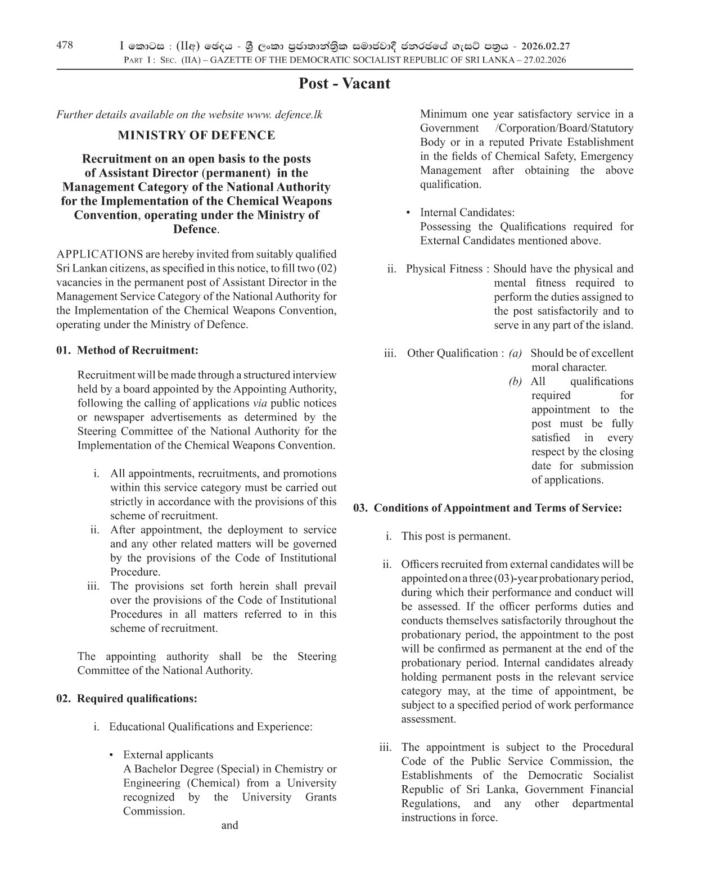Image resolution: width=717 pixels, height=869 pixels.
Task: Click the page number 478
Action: [x=65, y=46]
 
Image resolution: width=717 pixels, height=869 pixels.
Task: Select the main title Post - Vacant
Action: [x=344, y=84]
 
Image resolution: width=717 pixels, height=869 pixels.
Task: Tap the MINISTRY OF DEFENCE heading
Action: [x=196, y=135]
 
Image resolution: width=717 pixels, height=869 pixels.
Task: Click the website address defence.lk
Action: [x=299, y=115]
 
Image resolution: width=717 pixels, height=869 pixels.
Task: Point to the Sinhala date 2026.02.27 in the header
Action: [x=545, y=47]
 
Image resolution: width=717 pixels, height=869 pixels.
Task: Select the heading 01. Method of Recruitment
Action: [x=128, y=351]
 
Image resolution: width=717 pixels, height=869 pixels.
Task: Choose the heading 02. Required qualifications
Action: [x=127, y=699]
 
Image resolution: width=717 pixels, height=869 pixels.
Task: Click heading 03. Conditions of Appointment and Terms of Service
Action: [x=488, y=508]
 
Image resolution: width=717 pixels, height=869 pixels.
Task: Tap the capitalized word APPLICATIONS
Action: [x=100, y=254]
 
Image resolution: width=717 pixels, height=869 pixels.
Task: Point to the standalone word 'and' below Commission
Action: [x=229, y=825]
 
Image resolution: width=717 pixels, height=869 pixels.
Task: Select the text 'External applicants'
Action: [x=168, y=755]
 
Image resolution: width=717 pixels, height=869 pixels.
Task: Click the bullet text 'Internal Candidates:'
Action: [x=467, y=212]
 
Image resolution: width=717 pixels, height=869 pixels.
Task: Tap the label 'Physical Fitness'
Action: [x=444, y=269]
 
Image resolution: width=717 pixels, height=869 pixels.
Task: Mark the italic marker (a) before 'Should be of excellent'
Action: [x=515, y=353]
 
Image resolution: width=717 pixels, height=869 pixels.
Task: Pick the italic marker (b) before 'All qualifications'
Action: [x=515, y=382]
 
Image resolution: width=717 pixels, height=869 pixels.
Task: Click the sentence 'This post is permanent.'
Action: [x=456, y=536]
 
